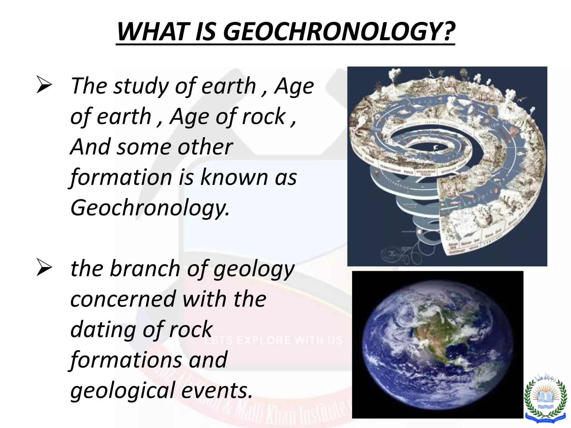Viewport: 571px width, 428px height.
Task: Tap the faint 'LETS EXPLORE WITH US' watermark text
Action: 273,341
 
